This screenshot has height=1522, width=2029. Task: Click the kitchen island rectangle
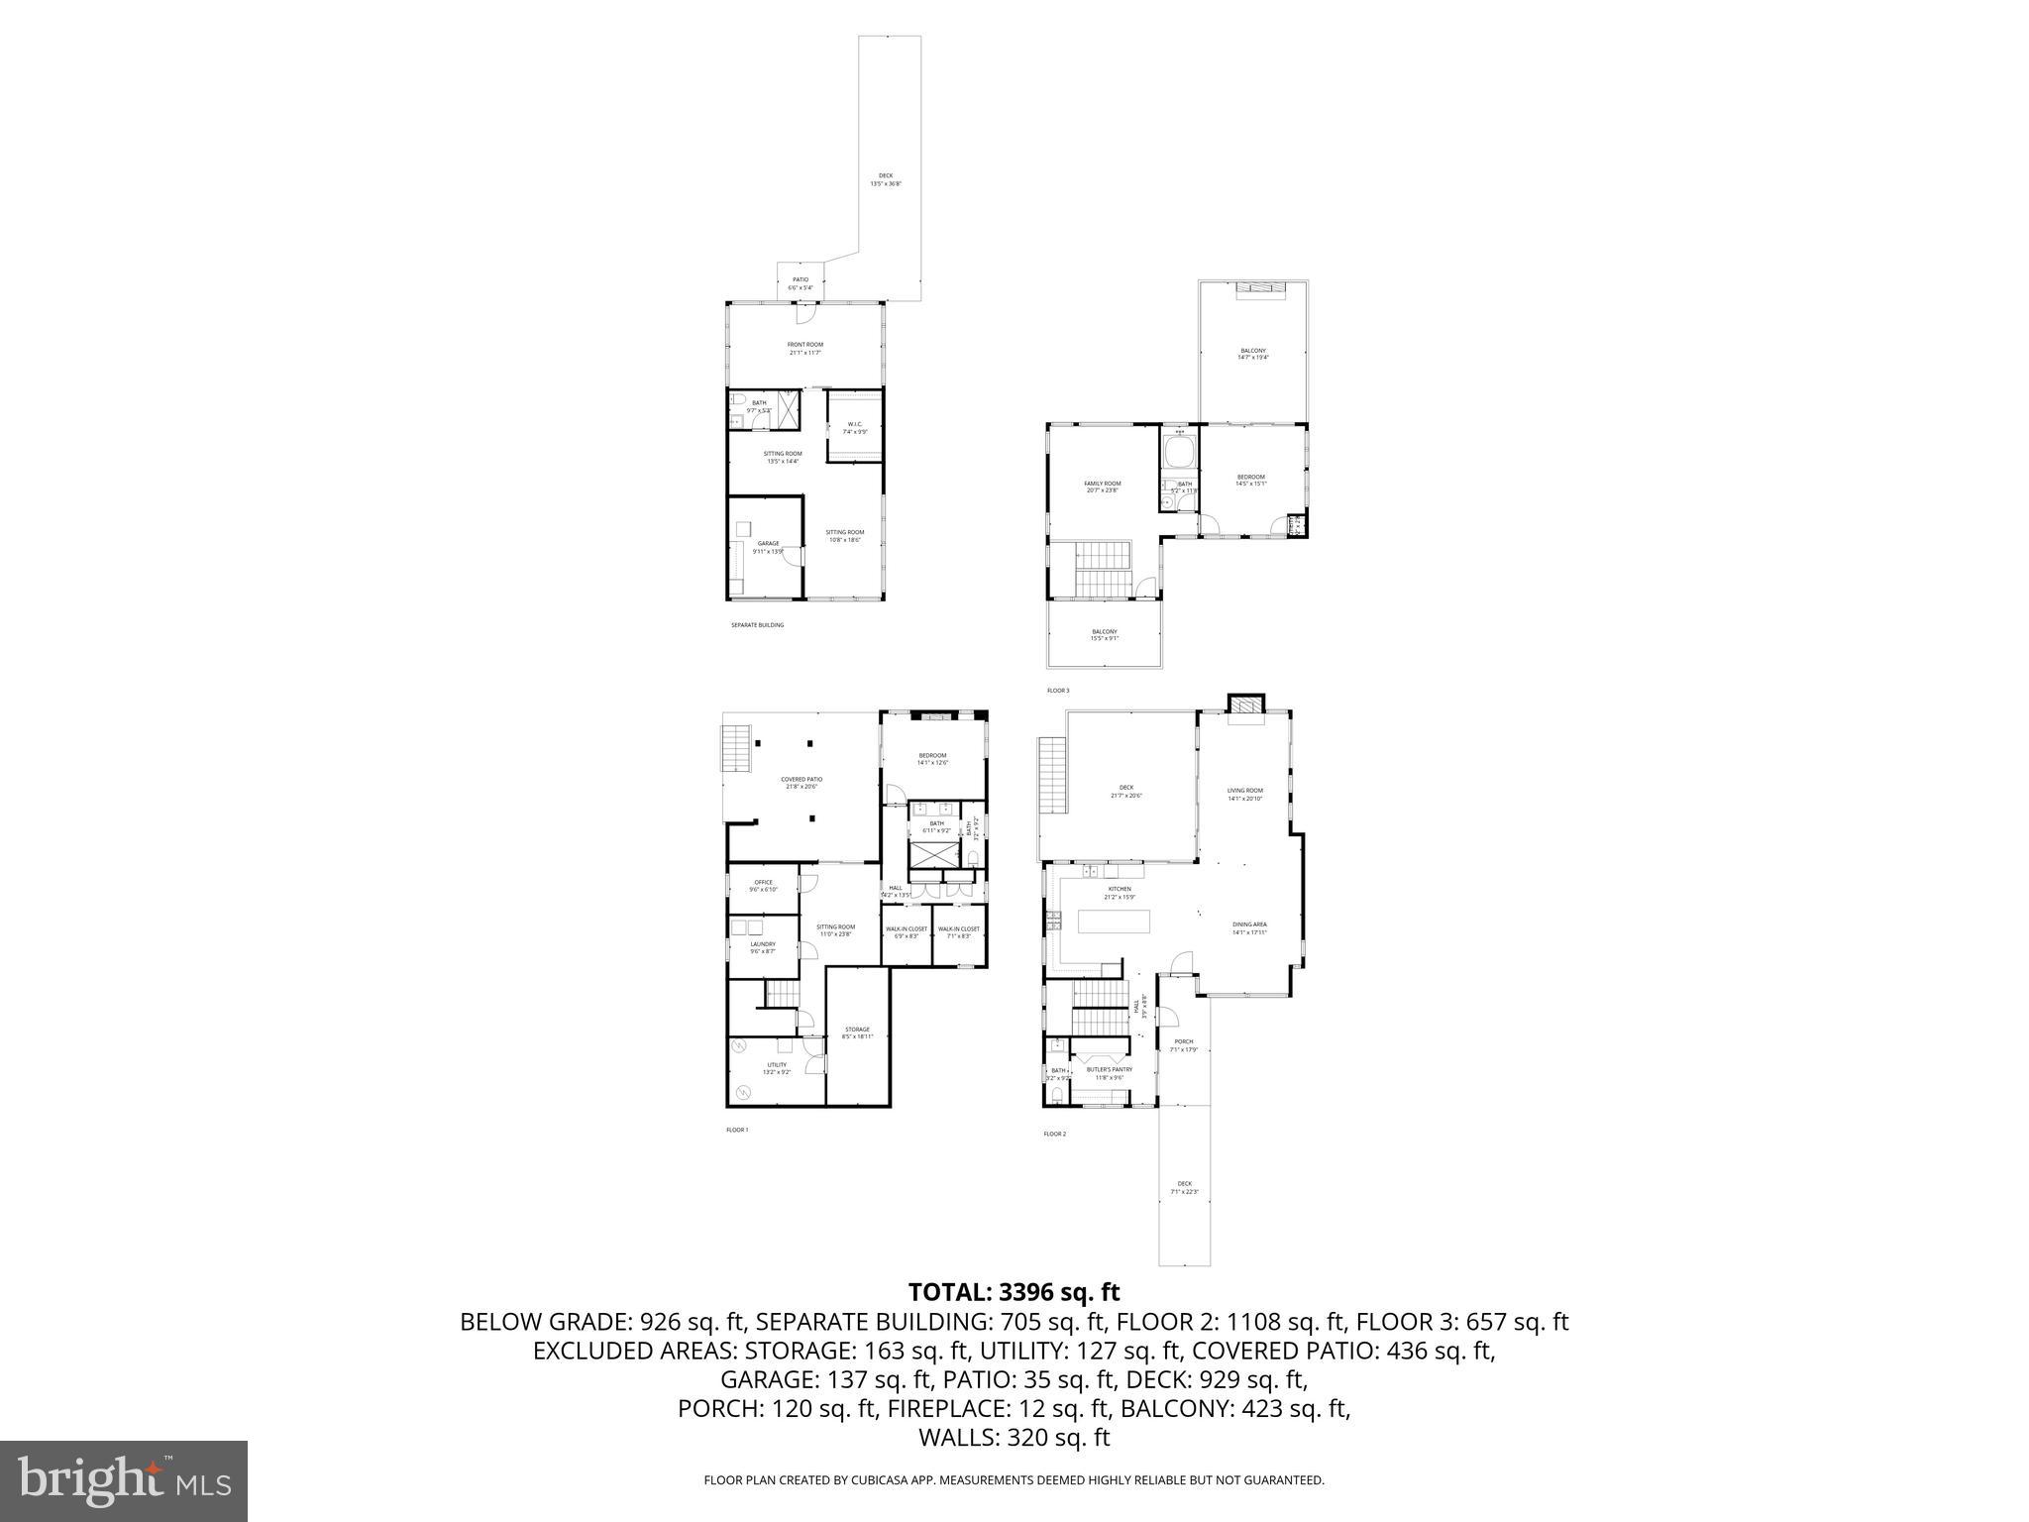[1115, 922]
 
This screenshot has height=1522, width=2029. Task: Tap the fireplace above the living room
[1245, 705]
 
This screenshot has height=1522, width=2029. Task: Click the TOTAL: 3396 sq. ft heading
[1014, 1293]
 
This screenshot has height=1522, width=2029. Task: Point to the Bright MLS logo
[124, 1480]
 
